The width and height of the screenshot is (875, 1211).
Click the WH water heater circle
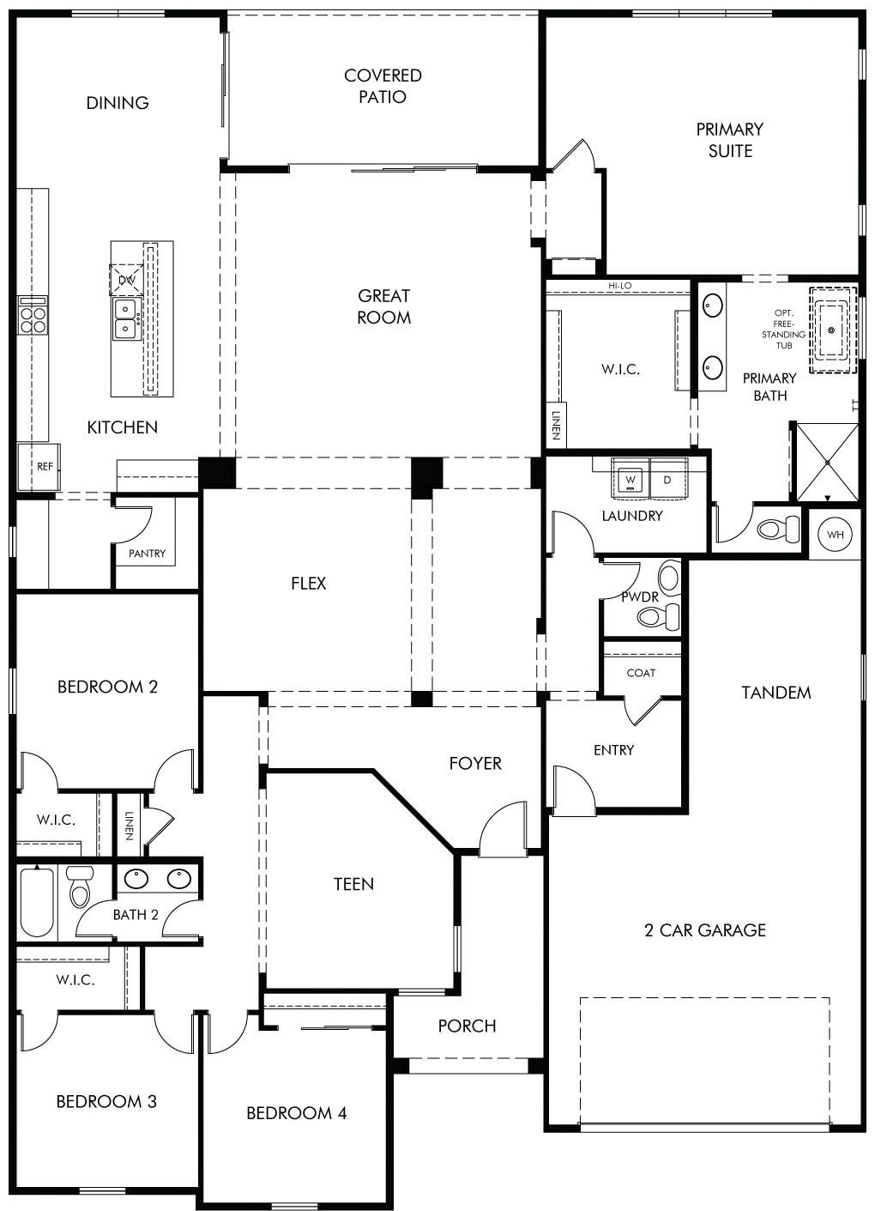[835, 535]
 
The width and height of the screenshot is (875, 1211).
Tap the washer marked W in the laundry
[631, 478]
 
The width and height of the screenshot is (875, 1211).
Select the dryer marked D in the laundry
[668, 478]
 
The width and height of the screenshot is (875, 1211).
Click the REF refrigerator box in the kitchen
[39, 467]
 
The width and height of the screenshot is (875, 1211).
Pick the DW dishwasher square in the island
[126, 280]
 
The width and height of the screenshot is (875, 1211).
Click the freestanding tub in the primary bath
[832, 330]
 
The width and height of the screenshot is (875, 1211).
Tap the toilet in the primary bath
[778, 529]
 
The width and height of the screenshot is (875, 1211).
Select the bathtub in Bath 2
[37, 902]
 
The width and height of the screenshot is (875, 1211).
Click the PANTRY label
[147, 553]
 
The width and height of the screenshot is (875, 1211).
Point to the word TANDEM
[776, 693]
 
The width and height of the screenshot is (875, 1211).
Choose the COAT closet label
[641, 673]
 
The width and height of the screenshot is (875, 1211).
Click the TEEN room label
[353, 885]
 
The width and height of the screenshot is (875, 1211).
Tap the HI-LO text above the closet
[620, 286]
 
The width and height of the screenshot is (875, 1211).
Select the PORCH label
[467, 1026]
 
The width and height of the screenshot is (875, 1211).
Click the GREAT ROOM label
[383, 306]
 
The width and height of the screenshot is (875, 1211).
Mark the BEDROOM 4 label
[296, 1113]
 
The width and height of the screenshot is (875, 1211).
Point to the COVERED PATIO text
[383, 86]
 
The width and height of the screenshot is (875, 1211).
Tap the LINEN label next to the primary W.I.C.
[556, 426]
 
